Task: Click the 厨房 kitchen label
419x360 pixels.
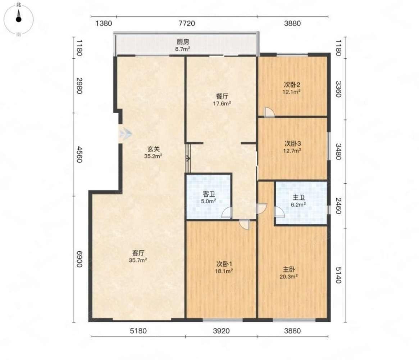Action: click(x=183, y=42)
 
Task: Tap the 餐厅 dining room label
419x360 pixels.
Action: click(x=222, y=96)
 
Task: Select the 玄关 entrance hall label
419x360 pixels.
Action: click(x=153, y=149)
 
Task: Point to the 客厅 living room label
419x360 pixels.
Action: click(x=138, y=253)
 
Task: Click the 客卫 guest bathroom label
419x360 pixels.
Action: click(x=209, y=194)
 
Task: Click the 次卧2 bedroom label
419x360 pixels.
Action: click(x=292, y=85)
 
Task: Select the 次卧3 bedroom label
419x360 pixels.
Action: click(x=293, y=144)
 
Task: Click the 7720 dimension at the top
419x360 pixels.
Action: click(x=187, y=23)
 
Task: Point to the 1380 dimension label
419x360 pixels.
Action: click(x=104, y=23)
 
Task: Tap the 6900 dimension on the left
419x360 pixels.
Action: click(x=79, y=259)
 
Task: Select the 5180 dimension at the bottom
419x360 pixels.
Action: click(x=138, y=331)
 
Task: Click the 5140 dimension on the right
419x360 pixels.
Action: click(x=338, y=275)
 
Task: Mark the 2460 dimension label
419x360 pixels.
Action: click(x=338, y=206)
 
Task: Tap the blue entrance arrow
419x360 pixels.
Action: click(x=126, y=134)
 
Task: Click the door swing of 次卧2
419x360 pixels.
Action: click(x=269, y=112)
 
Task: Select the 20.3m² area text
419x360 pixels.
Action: click(x=289, y=276)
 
